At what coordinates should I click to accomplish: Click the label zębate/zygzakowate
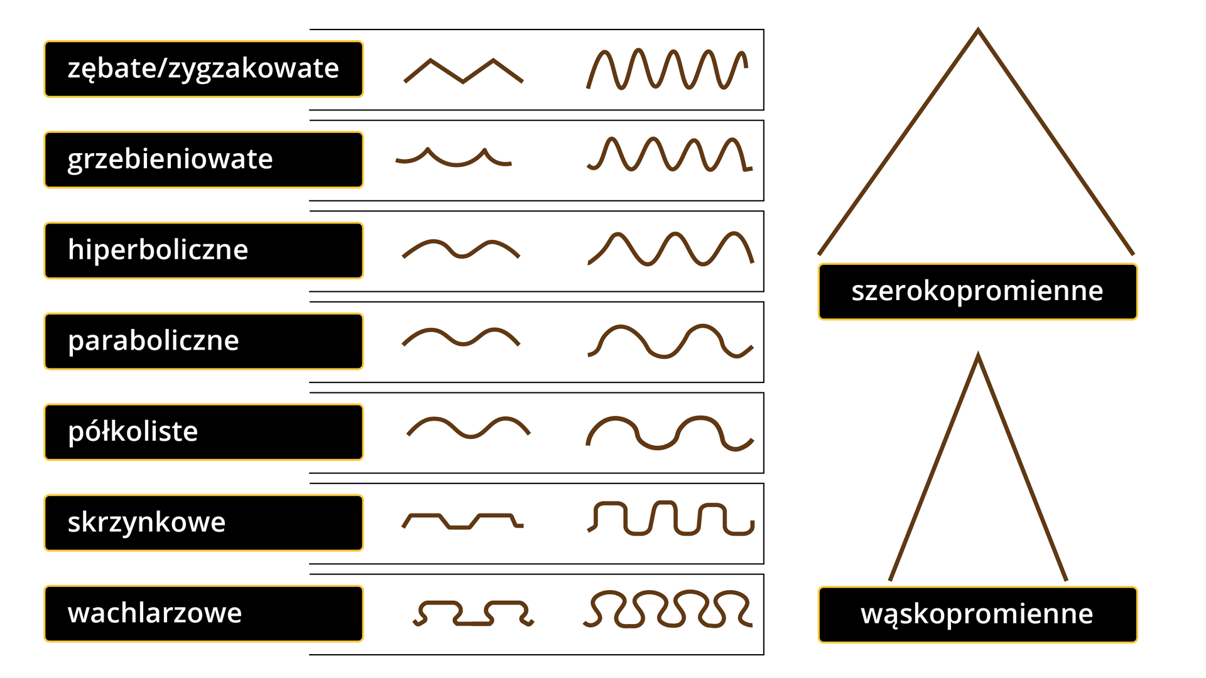click(204, 69)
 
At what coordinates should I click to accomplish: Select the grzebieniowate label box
click(204, 159)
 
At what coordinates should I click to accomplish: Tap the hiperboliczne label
click(204, 250)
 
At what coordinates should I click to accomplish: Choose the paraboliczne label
click(204, 341)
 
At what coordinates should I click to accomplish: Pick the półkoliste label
click(204, 432)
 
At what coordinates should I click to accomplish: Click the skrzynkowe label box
click(204, 523)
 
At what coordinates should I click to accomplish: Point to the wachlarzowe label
click(204, 613)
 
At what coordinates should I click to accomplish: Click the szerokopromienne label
click(977, 292)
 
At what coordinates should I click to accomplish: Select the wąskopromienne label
click(977, 615)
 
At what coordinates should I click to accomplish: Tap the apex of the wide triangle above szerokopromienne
click(978, 30)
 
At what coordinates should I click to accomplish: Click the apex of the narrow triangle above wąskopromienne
click(978, 355)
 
